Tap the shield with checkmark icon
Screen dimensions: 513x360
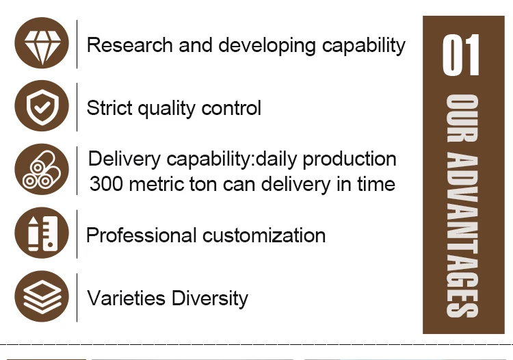(42, 106)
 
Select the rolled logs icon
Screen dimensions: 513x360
(42, 170)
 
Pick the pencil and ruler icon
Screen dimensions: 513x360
(42, 233)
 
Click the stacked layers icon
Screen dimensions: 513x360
(42, 296)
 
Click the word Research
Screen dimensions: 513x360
(129, 45)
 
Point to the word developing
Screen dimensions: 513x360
(267, 46)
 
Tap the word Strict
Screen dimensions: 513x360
(109, 107)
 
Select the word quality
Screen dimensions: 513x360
(166, 109)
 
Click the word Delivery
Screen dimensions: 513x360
(124, 159)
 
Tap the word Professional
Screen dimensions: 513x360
(142, 235)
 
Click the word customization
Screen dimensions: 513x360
(264, 235)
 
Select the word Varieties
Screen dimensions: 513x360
(126, 298)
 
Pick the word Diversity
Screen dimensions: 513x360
(210, 299)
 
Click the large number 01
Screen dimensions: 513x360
(461, 55)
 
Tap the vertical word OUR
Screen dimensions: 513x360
(462, 118)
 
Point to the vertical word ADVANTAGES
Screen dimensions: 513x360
(462, 235)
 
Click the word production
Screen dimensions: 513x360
(350, 159)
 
